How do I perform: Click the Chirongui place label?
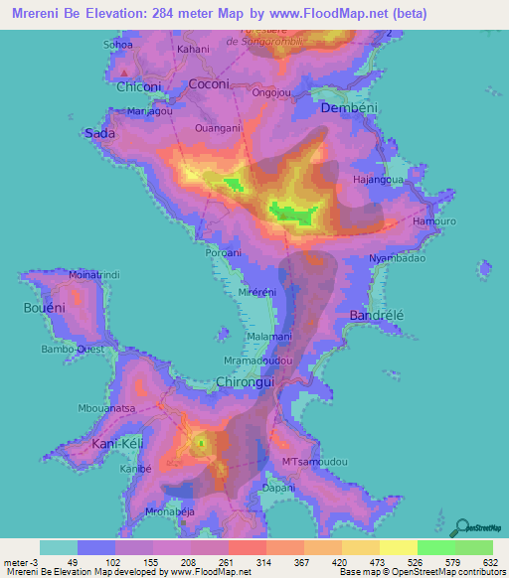click(x=245, y=380)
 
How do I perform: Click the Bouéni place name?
click(x=44, y=309)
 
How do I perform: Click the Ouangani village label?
click(x=218, y=126)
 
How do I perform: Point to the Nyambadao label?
click(x=397, y=258)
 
